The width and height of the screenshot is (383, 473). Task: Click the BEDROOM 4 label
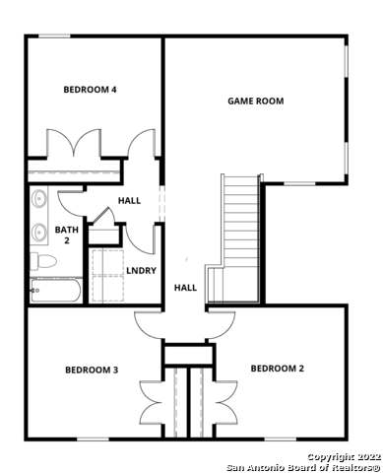coord(91,90)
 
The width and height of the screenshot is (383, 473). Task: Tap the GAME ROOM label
coord(256,101)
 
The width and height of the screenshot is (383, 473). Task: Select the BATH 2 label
coord(66,235)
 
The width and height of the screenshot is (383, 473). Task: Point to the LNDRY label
coord(141,270)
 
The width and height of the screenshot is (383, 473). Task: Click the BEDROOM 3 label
coord(92,370)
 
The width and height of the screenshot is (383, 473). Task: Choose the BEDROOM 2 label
coord(277,369)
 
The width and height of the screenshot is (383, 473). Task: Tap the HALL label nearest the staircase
coord(185,288)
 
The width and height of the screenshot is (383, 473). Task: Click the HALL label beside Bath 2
coord(129,200)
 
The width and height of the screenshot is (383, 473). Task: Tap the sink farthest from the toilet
coord(39,198)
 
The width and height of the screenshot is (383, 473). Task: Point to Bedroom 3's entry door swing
coord(149,325)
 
